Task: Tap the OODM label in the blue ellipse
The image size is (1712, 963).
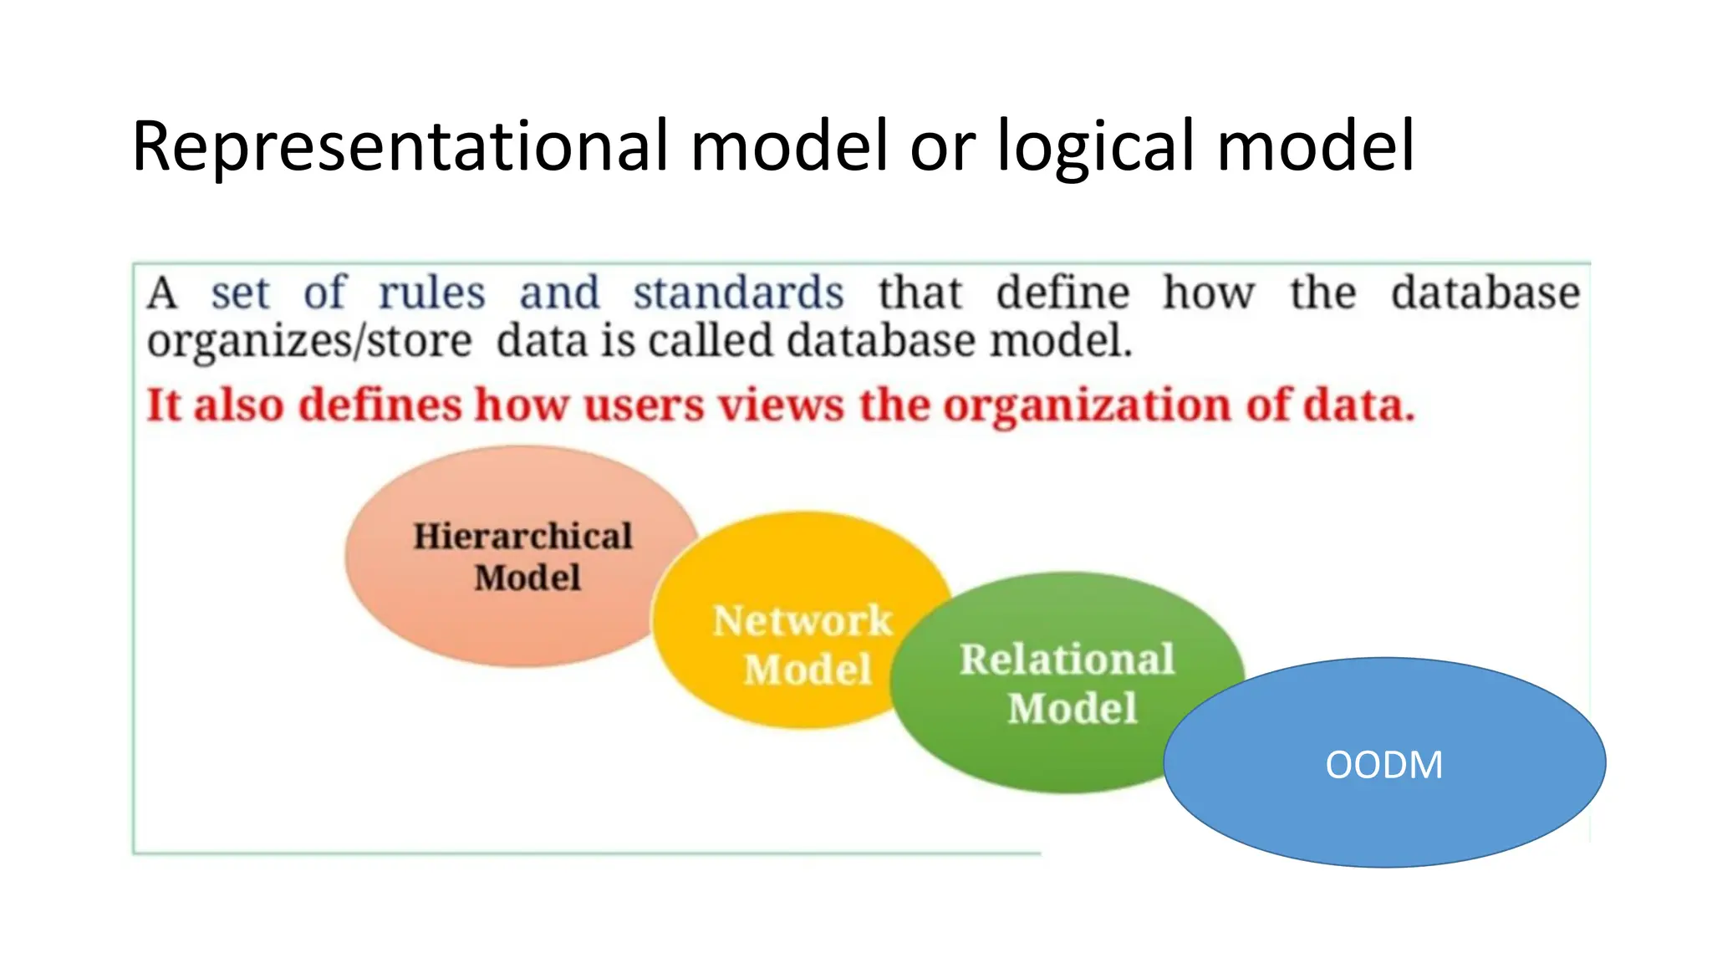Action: click(x=1383, y=765)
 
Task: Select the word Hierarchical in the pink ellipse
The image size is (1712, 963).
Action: click(x=522, y=537)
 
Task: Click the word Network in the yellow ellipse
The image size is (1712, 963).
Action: click(x=802, y=620)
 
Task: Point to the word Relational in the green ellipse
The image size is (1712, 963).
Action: click(x=1067, y=659)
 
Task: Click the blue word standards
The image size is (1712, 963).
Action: click(x=738, y=293)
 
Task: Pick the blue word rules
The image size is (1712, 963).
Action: click(x=431, y=293)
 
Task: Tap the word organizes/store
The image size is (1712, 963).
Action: click(x=309, y=342)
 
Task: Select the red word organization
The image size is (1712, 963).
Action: click(x=1088, y=406)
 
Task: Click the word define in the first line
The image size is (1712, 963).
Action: click(x=1062, y=293)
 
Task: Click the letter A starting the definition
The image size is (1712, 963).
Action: click(x=162, y=293)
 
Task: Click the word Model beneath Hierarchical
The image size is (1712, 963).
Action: click(x=527, y=578)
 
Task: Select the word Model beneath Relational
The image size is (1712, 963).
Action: click(x=1072, y=708)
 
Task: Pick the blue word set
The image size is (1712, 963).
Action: click(x=240, y=293)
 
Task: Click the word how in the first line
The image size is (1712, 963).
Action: click(x=1208, y=293)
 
